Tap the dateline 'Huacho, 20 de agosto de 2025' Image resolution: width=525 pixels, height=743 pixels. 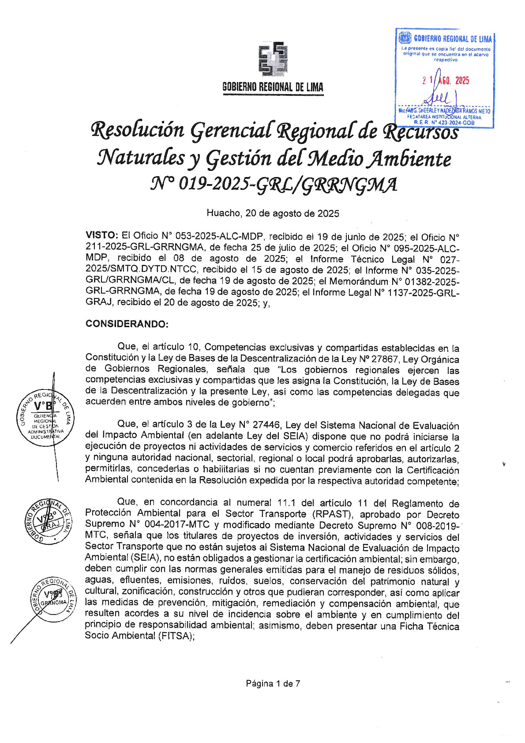tap(273, 214)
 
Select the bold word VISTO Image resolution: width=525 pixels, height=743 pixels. tap(101, 235)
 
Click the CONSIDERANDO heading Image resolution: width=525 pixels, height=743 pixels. tap(127, 324)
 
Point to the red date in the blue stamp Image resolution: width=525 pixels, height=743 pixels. tap(445, 81)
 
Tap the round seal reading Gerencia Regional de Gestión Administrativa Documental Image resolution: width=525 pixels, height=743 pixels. tap(45, 418)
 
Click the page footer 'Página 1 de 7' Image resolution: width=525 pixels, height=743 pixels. tap(273, 683)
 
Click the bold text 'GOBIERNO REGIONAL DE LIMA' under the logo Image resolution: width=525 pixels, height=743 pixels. tap(273, 87)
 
